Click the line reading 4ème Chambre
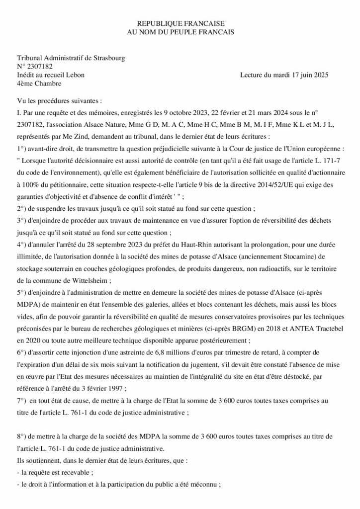(x=35, y=84)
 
